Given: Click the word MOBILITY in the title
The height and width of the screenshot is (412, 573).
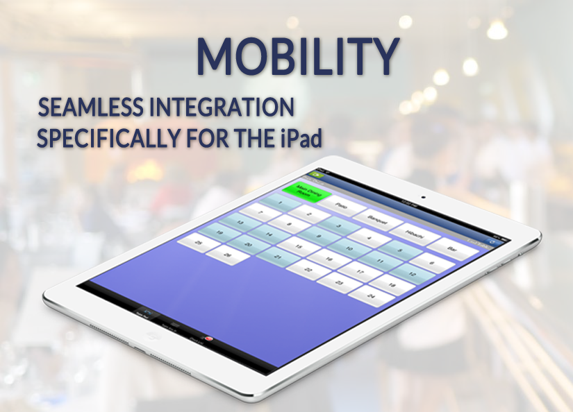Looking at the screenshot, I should tap(297, 55).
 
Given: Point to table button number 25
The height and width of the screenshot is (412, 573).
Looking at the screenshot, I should tap(199, 244).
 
